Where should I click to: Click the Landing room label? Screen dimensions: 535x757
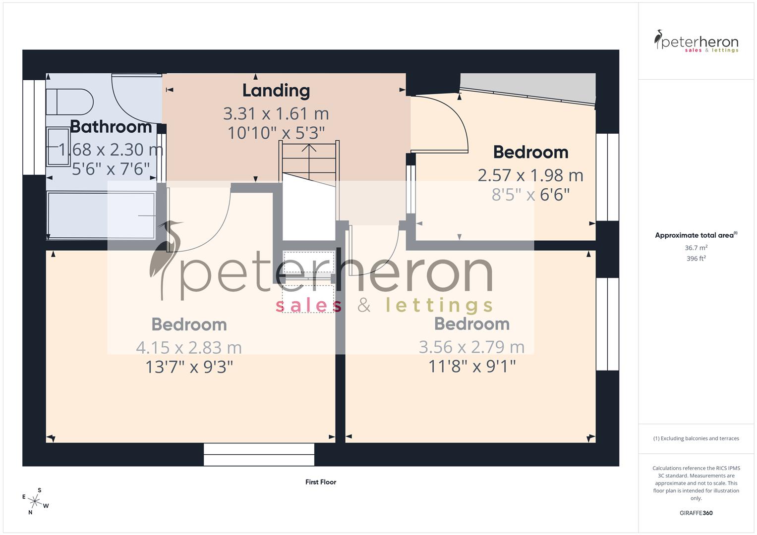click(x=276, y=91)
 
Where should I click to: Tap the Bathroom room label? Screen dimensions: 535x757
click(x=111, y=127)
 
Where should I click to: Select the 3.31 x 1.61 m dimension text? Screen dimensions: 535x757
click(x=276, y=114)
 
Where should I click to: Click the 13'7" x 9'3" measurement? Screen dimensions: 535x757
click(x=189, y=367)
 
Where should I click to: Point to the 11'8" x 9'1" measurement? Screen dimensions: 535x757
click(x=472, y=367)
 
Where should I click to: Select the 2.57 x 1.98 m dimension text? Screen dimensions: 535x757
click(x=530, y=175)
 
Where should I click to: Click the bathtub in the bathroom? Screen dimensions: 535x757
click(x=101, y=215)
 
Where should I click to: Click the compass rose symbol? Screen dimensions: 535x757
click(x=35, y=501)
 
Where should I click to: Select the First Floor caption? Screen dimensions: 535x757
click(x=321, y=482)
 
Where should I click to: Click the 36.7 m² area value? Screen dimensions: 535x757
click(x=696, y=248)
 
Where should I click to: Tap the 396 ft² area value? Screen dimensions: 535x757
click(x=696, y=259)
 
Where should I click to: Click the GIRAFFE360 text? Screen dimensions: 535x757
click(x=696, y=513)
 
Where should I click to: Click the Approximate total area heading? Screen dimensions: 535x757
click(x=695, y=235)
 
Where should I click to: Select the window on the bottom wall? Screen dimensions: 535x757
click(x=259, y=454)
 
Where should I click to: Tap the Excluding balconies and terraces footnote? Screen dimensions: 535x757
click(x=696, y=438)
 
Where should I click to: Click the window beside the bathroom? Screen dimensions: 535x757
click(x=34, y=127)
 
